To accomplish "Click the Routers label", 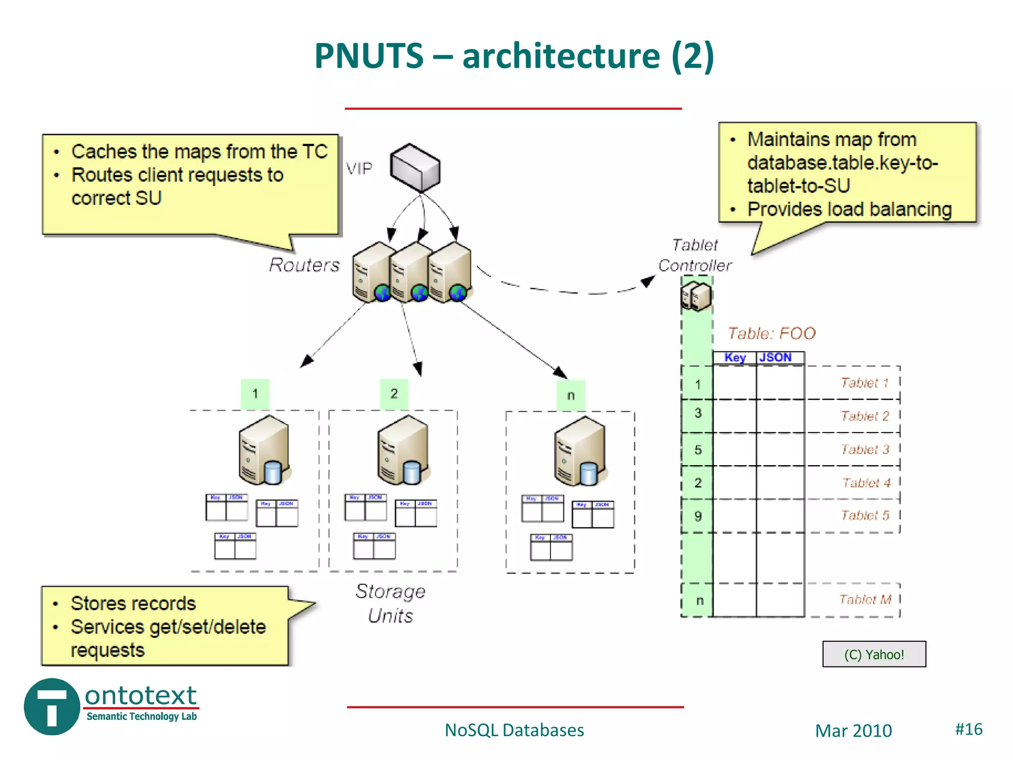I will [x=304, y=265].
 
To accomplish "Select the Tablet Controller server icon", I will [x=696, y=296].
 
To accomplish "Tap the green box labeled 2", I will [x=394, y=394].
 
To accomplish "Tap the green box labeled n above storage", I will [x=571, y=395].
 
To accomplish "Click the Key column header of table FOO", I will [x=735, y=358].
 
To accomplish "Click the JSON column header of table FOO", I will [x=776, y=358].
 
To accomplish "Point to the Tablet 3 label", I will [x=865, y=449].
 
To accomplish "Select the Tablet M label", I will [x=865, y=600].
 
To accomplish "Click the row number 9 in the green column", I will [x=697, y=516].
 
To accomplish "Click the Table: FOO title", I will [x=772, y=333].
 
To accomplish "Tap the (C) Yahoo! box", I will [x=874, y=654].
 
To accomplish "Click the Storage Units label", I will [x=391, y=603].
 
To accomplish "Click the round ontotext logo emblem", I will [x=51, y=707].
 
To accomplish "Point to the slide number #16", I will [x=968, y=729].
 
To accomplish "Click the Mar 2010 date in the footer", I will [x=853, y=731].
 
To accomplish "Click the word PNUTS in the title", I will [x=369, y=55].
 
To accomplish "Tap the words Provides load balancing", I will [x=849, y=209].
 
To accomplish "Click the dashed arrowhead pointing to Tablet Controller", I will [x=647, y=281].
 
